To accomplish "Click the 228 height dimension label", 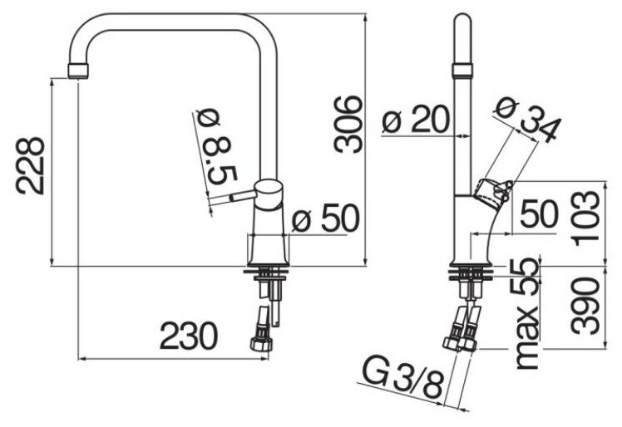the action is click(x=32, y=164).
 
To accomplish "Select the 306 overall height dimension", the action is click(x=348, y=124).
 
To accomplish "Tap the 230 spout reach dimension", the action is click(x=189, y=336).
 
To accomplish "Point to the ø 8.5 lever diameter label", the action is click(x=218, y=150).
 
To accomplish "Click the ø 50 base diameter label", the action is click(x=325, y=219).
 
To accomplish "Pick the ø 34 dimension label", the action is click(x=526, y=117).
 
